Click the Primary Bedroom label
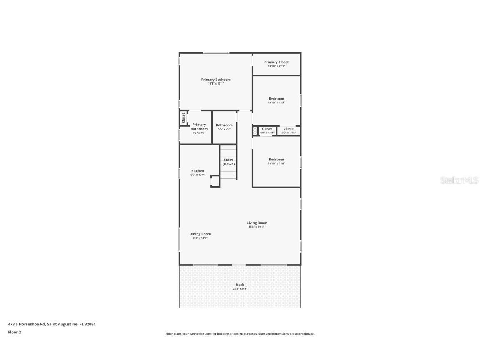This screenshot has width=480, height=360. click(215, 80)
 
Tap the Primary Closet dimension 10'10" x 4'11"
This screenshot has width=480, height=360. click(276, 66)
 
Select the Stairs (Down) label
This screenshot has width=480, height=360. click(229, 162)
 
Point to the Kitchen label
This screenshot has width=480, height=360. click(197, 171)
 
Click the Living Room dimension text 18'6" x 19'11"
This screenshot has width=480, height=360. click(257, 227)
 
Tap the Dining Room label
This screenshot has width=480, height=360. click(200, 234)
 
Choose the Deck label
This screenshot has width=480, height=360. click(240, 285)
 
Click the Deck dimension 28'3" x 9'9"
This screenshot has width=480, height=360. click(240, 288)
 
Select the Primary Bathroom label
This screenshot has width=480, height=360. click(199, 127)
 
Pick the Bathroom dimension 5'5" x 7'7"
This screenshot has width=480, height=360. click(224, 129)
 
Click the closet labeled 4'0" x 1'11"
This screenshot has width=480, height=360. click(267, 130)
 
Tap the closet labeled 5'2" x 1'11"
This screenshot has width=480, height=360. click(288, 130)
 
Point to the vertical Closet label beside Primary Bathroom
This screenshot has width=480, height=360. click(183, 117)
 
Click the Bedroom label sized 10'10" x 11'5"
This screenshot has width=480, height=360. click(276, 99)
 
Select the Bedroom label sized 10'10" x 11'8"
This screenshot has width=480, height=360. click(276, 160)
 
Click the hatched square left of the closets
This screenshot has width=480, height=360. click(255, 131)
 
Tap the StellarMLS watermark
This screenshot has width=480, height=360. click(460, 180)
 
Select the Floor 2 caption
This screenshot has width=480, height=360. click(14, 332)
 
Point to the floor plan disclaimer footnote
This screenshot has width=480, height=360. click(240, 334)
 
